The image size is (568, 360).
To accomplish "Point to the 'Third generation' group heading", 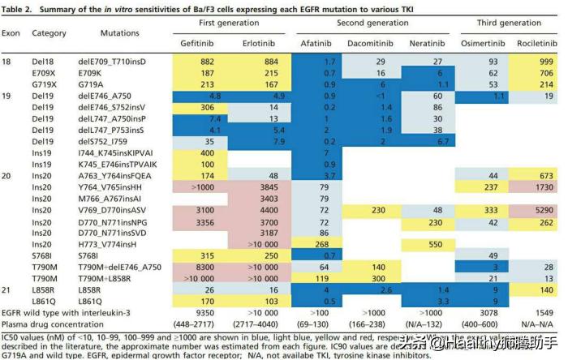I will point(506,23).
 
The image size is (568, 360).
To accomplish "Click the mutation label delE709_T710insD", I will point(112,61).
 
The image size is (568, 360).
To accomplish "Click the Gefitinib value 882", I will point(207,61).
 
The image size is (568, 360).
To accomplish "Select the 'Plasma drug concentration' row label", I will point(53,323).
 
